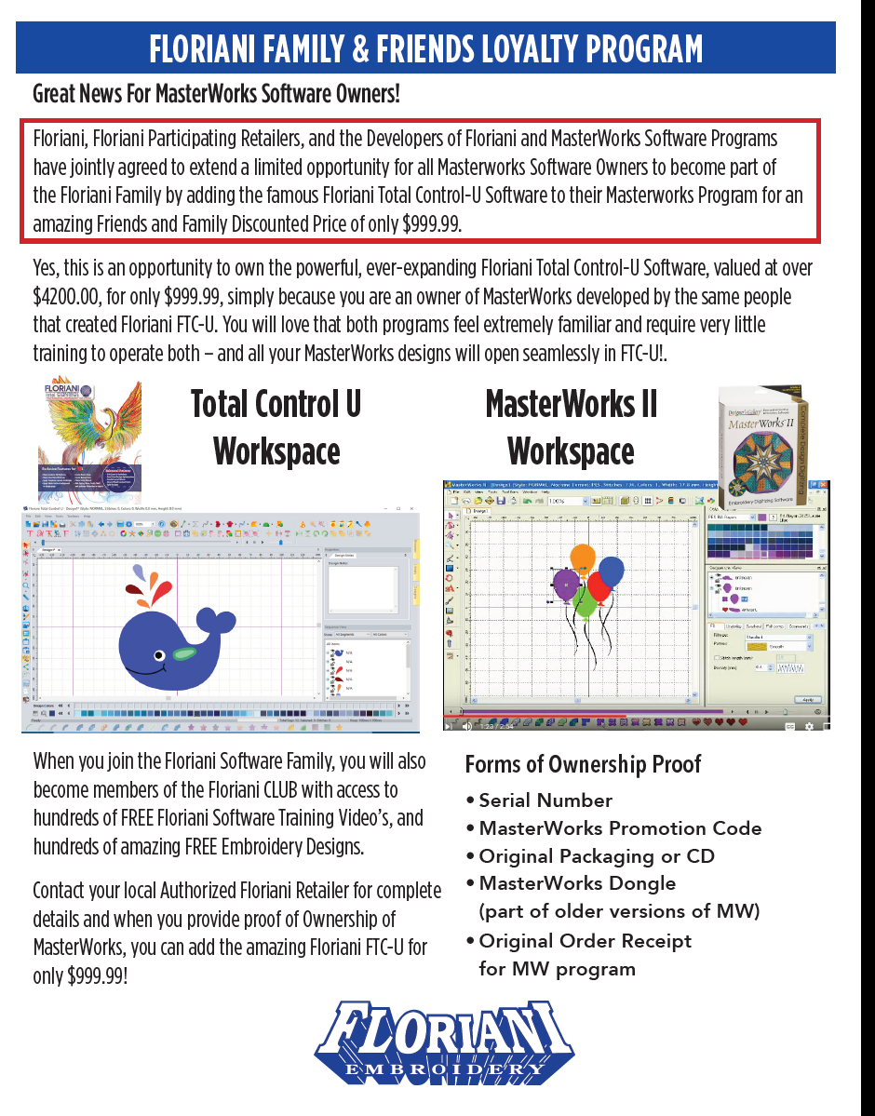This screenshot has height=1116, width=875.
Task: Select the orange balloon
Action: click(583, 559)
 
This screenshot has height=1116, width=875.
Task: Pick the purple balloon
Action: click(566, 585)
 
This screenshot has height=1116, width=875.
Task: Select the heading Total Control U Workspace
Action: click(276, 427)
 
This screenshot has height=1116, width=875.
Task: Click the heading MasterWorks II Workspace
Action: click(572, 427)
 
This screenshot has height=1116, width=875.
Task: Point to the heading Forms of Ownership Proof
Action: click(583, 765)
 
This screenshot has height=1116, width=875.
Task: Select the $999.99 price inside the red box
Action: click(425, 224)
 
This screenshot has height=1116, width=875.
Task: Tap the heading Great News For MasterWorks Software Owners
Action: click(216, 94)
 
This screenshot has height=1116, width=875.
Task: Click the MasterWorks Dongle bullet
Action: click(577, 883)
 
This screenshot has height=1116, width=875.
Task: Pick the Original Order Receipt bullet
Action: click(586, 941)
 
